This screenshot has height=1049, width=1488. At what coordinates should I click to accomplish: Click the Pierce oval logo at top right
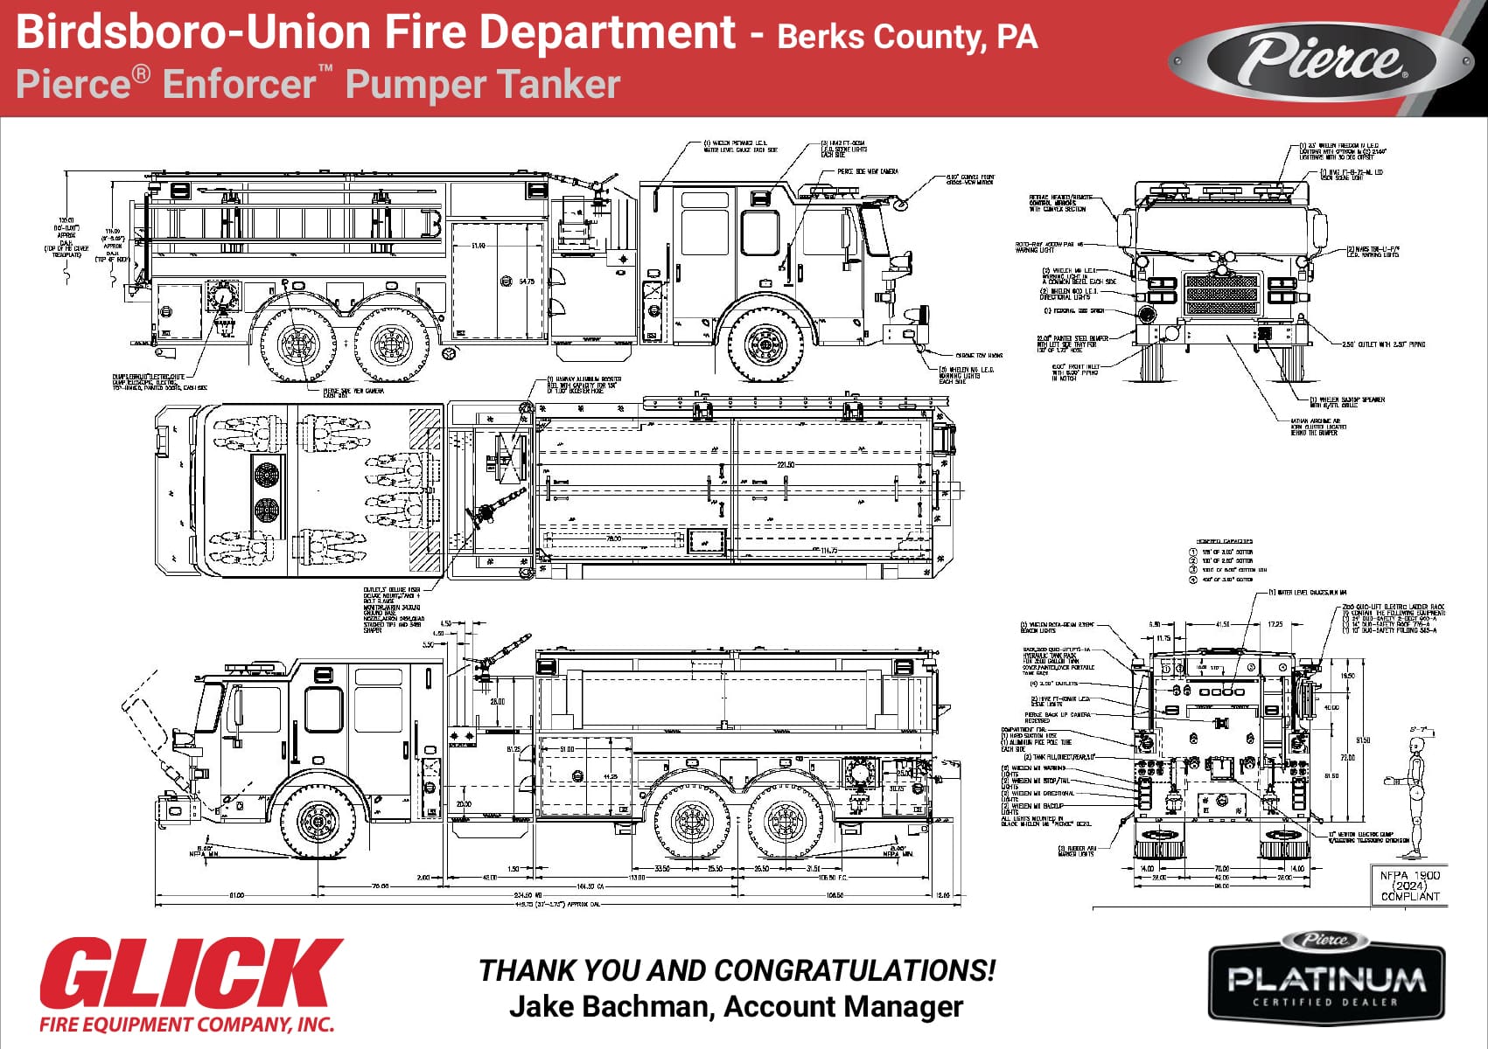tap(1321, 59)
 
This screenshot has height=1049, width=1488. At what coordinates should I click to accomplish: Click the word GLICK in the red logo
tap(191, 975)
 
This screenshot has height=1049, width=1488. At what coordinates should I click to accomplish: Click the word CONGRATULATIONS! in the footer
tap(855, 970)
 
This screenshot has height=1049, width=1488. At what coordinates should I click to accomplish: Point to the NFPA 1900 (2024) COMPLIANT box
tap(1409, 886)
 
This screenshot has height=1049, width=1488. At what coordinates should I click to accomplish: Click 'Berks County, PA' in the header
tap(906, 37)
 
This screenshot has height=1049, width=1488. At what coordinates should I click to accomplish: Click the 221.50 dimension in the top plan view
tap(785, 465)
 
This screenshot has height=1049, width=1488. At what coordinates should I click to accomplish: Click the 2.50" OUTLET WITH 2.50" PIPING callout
tap(1382, 344)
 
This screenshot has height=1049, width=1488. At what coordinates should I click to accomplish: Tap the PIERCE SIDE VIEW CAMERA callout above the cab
tap(867, 171)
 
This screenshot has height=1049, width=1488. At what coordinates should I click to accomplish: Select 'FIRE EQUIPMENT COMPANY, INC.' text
tap(187, 1024)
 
